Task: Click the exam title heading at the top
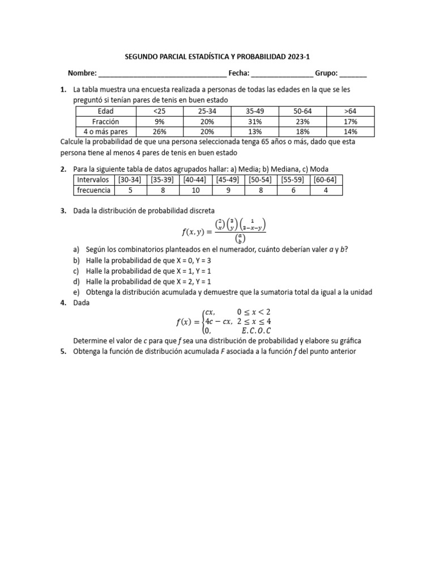tap(217, 57)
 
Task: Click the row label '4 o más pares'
tap(106, 132)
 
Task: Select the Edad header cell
tap(106, 111)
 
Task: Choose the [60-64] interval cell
tap(326, 180)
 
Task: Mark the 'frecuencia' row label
tap(94, 190)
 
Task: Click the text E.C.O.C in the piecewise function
tap(256, 330)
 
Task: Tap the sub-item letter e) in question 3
tap(76, 292)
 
